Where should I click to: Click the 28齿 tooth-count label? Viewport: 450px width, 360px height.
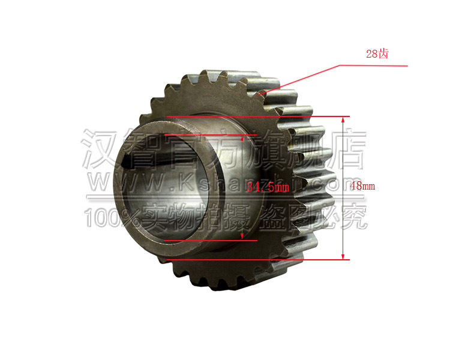(x=377, y=54)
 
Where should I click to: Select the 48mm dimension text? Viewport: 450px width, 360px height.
(x=362, y=187)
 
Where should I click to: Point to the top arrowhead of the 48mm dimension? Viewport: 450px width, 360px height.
(x=344, y=118)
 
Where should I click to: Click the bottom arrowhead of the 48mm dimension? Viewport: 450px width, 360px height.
(x=344, y=257)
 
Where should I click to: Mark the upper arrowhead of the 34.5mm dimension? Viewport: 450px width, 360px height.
(x=242, y=138)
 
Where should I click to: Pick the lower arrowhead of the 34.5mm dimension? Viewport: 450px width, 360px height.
(x=242, y=238)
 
